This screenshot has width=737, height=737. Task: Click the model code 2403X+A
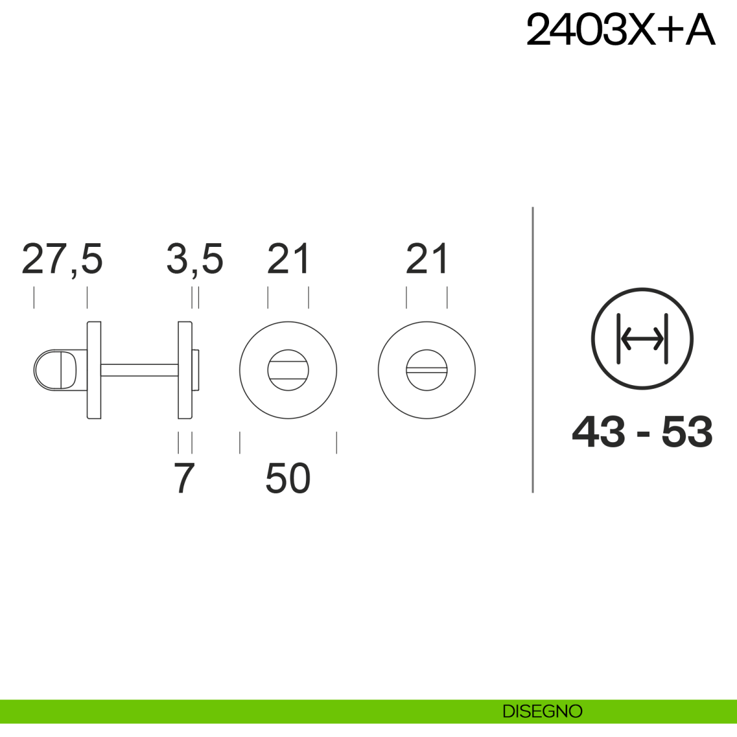click(x=620, y=29)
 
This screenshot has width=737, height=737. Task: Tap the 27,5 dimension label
click(x=63, y=259)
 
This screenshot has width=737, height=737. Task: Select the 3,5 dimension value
click(x=195, y=259)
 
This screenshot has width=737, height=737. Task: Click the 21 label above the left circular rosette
click(x=288, y=259)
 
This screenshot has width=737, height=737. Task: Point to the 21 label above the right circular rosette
click(x=426, y=259)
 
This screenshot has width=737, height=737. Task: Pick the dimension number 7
click(x=184, y=478)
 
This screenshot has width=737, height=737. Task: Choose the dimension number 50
click(x=288, y=478)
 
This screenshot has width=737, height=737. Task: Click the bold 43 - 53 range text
click(x=642, y=432)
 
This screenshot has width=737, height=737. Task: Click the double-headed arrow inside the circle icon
click(x=642, y=339)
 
